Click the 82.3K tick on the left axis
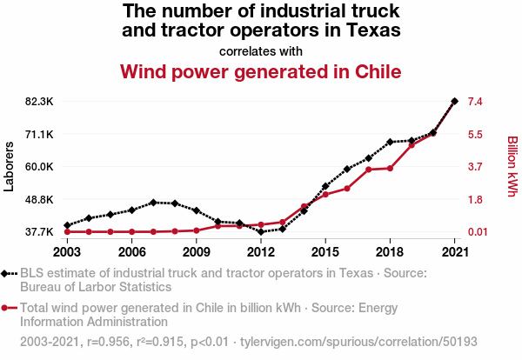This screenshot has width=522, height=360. (39, 102)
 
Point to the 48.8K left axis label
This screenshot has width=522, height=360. (39, 200)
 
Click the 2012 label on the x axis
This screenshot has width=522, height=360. (261, 252)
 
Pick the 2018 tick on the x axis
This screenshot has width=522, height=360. (390, 252)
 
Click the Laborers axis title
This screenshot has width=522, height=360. (10, 166)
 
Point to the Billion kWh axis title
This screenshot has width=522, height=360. (512, 166)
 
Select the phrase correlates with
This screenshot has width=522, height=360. (261, 50)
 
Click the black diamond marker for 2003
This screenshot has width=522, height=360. (67, 225)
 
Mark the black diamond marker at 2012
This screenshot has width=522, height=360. (261, 231)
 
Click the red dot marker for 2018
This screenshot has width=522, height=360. (390, 168)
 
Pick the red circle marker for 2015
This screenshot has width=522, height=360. (325, 195)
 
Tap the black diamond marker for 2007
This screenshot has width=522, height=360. (153, 203)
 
